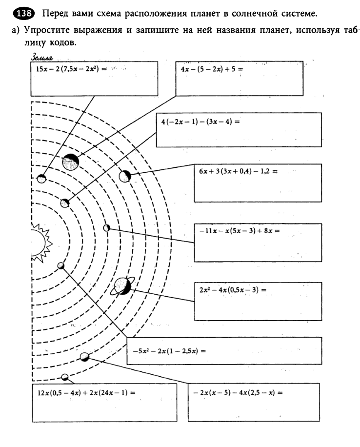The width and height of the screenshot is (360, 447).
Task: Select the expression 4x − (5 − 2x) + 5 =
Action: (211, 69)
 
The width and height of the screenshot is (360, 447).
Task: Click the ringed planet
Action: (122, 286)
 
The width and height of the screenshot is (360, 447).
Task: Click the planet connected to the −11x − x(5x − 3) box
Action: (107, 227)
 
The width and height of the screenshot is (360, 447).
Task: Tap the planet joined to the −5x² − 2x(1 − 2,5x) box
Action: (61, 265)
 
